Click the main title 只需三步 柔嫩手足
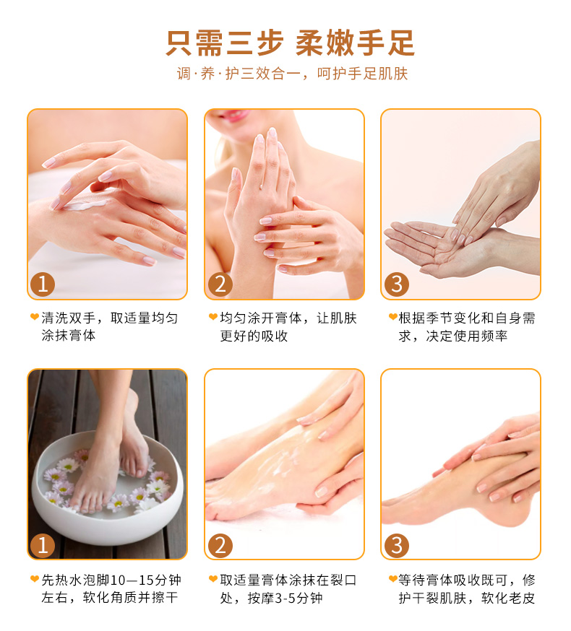pos(290,43)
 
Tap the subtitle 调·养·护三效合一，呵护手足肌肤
pos(292,74)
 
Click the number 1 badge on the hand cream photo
pos(43,284)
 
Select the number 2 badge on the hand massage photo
pos(220,284)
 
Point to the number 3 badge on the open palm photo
pos(397,284)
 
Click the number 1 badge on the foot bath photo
pos(43,545)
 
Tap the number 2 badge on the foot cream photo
pos(220,545)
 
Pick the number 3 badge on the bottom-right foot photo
pos(397,545)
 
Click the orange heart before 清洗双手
pos(35,317)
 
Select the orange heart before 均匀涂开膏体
pos(213,317)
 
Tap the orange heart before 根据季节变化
pos(392,317)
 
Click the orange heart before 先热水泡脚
pos(35,579)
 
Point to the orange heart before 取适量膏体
pos(213,579)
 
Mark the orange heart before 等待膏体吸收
pos(392,579)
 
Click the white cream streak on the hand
pos(85,205)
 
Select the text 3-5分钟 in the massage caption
pos(299,598)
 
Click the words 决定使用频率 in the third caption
pos(467,336)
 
